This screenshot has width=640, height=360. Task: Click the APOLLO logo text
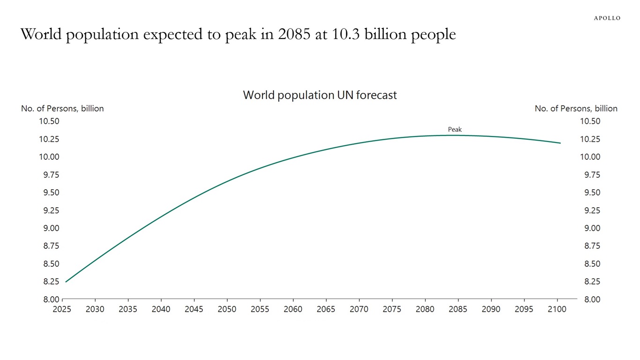pyautogui.click(x=607, y=18)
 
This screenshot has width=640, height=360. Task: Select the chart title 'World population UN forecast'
pyautogui.click(x=320, y=95)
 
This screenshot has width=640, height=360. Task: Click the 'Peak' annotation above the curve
pyautogui.click(x=454, y=129)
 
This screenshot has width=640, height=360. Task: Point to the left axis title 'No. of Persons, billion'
pyautogui.click(x=62, y=108)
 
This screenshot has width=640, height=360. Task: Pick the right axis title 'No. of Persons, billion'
pyautogui.click(x=576, y=108)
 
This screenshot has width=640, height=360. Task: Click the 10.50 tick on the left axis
pyautogui.click(x=48, y=121)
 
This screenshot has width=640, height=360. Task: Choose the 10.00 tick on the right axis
pyautogui.click(x=590, y=157)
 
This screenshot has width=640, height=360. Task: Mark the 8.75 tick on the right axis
pyautogui.click(x=590, y=246)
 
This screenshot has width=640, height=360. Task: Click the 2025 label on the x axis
pyautogui.click(x=62, y=309)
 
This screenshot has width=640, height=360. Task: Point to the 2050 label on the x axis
pyautogui.click(x=227, y=309)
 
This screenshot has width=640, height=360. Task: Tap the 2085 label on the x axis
pyautogui.click(x=458, y=309)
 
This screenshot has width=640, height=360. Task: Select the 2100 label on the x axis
pyautogui.click(x=557, y=309)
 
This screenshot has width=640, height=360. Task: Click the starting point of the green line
pyautogui.click(x=66, y=282)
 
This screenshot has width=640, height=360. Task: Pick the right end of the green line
pyautogui.click(x=560, y=143)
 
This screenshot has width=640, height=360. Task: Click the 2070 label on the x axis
pyautogui.click(x=359, y=309)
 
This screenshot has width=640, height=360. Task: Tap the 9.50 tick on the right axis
pyautogui.click(x=590, y=193)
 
